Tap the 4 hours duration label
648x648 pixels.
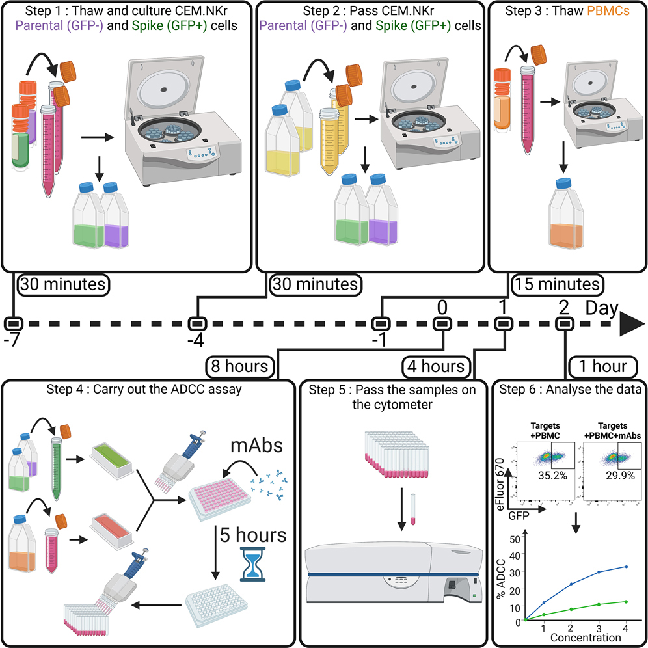[x=434, y=366]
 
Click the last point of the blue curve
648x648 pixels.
[x=625, y=567]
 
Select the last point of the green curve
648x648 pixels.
[x=625, y=602]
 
